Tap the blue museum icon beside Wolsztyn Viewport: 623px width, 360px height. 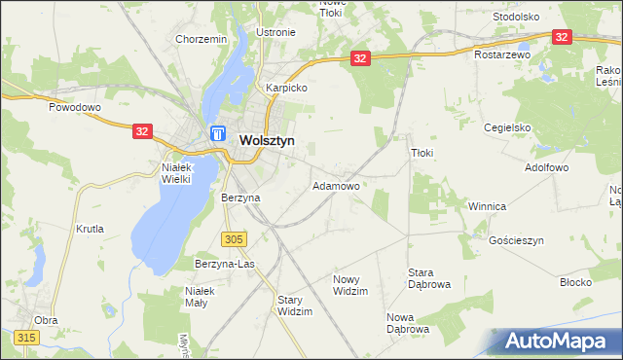click(218, 134)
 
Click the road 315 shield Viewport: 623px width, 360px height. click(26, 337)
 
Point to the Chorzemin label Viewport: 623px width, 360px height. click(201, 39)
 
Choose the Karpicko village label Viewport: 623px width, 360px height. click(287, 88)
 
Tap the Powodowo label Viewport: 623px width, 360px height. click(75, 108)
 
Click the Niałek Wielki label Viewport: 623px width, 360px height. click(170, 172)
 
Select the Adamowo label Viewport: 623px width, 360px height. click(336, 185)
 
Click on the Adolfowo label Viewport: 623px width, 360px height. click(546, 167)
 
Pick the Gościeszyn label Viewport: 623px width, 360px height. click(516, 240)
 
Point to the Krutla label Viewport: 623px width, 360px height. click(90, 229)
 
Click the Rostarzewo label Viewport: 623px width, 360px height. click(502, 55)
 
